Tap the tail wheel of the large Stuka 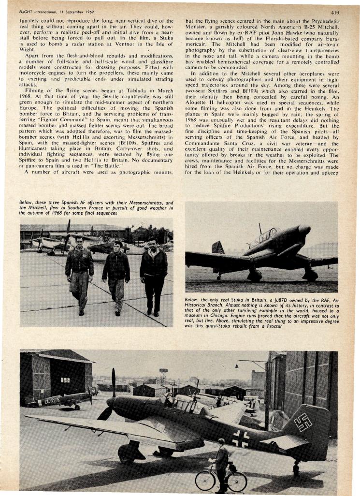(296, 467)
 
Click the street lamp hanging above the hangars (237, 366)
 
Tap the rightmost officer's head (152, 242)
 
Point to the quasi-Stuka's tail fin (218, 248)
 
